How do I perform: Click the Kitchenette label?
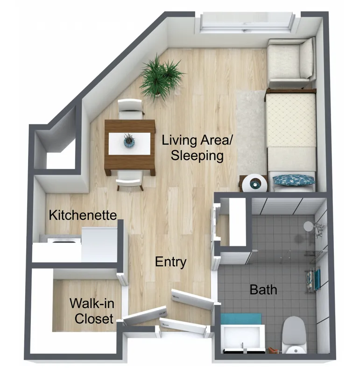[x=83, y=215]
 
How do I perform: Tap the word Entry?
[x=170, y=262]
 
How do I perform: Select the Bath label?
[x=263, y=289]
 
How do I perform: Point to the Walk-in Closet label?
[x=92, y=311]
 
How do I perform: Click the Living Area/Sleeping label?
[x=197, y=148]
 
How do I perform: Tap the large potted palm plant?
[x=161, y=76]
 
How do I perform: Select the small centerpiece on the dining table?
[x=129, y=141]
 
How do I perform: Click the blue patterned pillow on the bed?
[x=293, y=180]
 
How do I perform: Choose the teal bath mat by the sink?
[x=241, y=319]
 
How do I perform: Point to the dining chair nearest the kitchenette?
[x=130, y=181]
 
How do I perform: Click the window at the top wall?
[x=247, y=23]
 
